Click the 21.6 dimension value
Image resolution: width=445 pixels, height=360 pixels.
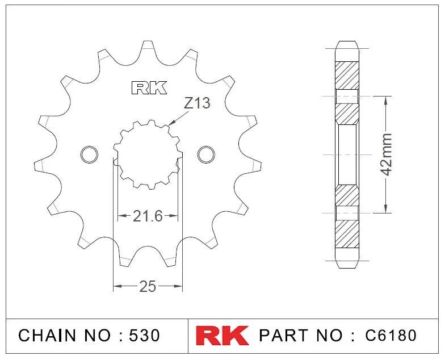(x=148, y=216)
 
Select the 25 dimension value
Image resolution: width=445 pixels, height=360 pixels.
(x=148, y=287)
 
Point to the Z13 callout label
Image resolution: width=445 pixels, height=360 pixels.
(x=197, y=103)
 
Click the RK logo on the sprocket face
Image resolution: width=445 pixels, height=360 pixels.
(x=149, y=88)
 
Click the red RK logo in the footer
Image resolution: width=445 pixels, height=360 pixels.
(x=222, y=335)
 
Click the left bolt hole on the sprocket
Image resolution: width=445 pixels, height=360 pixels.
(x=89, y=154)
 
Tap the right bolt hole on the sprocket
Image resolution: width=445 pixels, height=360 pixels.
(x=206, y=154)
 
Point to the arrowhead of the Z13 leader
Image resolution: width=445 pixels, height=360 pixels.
(x=169, y=123)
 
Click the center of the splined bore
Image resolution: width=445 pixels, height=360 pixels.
(x=148, y=154)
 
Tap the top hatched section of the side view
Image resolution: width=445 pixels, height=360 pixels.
(x=347, y=74)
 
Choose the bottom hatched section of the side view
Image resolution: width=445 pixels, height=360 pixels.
(x=347, y=234)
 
